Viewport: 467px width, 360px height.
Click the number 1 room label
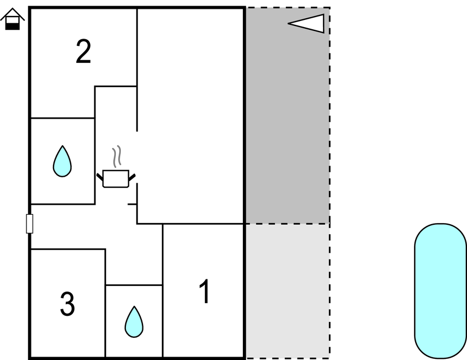click(x=204, y=292)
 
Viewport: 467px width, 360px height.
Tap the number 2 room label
click(x=83, y=52)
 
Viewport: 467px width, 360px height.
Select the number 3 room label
click(x=67, y=304)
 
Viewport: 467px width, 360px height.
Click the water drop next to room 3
click(x=134, y=322)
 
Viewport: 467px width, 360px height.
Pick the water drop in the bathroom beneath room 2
click(x=62, y=161)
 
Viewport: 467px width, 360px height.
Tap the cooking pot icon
click(x=116, y=179)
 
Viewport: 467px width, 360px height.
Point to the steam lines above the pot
click(x=116, y=157)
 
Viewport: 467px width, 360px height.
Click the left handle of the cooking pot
click(x=100, y=177)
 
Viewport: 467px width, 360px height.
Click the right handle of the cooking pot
click(x=132, y=177)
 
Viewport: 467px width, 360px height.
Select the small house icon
click(x=12, y=19)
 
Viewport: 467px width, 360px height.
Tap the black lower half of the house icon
click(x=12, y=25)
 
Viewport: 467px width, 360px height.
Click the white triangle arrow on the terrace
click(x=309, y=24)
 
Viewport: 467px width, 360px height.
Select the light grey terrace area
click(x=287, y=290)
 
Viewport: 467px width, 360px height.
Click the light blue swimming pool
click(x=440, y=291)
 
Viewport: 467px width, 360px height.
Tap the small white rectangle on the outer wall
click(x=30, y=224)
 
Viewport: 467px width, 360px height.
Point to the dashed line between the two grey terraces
click(x=287, y=224)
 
